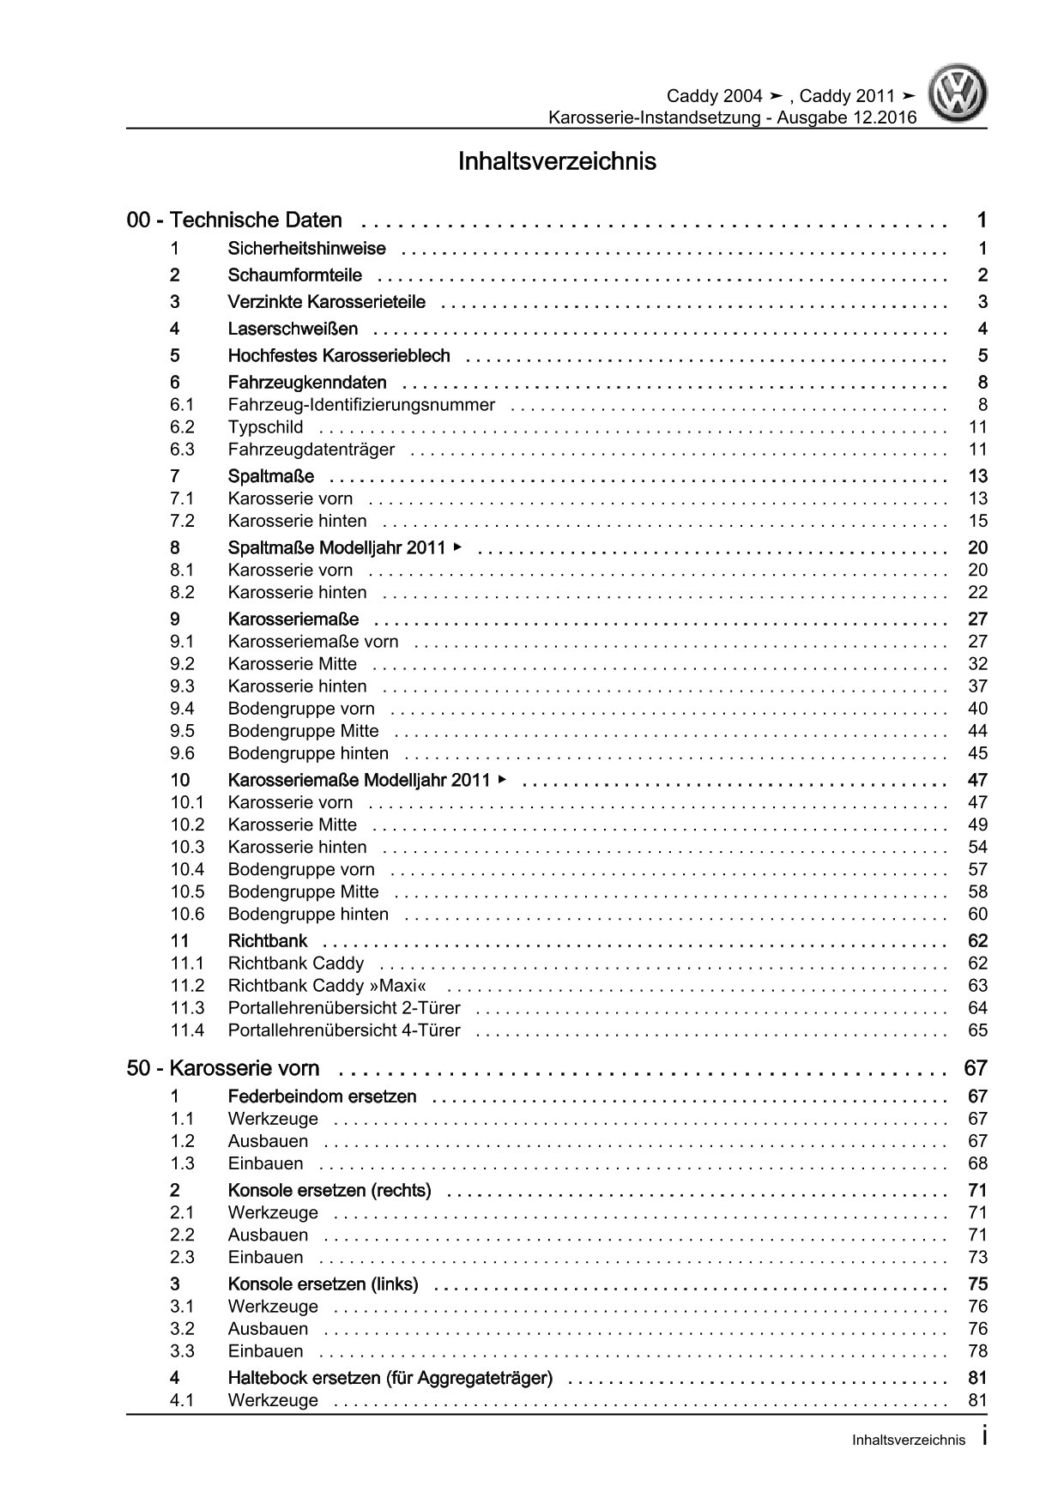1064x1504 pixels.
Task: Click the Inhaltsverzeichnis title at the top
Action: [x=557, y=161]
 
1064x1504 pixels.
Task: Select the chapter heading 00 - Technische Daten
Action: [x=234, y=220]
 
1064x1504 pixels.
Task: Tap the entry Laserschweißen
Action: [x=293, y=329]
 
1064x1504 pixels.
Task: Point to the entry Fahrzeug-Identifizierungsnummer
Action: [x=361, y=405]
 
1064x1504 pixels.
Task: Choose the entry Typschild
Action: [x=265, y=427]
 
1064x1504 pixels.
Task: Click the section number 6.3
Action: [x=182, y=450]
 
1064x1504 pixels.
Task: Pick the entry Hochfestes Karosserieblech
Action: [x=338, y=355]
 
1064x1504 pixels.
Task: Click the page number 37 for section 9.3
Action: [x=977, y=686]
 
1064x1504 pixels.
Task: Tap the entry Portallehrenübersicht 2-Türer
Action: [x=344, y=1008]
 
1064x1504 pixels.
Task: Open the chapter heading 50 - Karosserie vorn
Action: [x=223, y=1069]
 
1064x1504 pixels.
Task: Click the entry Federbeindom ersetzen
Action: [x=322, y=1096]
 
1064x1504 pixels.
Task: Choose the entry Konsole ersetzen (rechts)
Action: [x=329, y=1190]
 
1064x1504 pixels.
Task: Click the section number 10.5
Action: [x=187, y=891]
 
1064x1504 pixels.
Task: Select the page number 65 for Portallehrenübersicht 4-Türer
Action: [x=977, y=1030]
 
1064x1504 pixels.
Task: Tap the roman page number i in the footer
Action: [x=983, y=1439]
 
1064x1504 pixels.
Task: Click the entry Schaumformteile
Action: [x=294, y=275]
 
